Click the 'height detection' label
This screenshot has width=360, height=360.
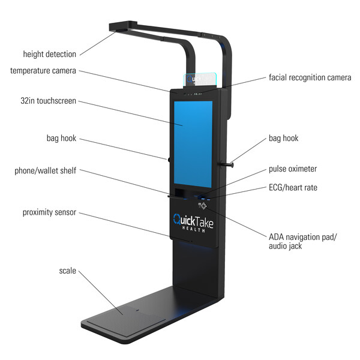[50, 54]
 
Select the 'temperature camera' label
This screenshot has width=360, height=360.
[43, 70]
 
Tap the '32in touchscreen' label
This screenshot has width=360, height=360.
[48, 101]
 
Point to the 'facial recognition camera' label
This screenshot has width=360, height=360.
[310, 77]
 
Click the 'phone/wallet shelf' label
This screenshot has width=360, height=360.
[45, 170]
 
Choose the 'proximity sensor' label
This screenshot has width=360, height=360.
[49, 212]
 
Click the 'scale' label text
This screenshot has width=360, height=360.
[67, 271]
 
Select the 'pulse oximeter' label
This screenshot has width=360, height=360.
[293, 169]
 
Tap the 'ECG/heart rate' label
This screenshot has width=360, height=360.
[293, 188]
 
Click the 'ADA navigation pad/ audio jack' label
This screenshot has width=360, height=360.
[302, 241]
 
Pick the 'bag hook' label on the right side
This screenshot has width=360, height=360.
[284, 138]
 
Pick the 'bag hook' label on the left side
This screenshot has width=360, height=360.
[61, 138]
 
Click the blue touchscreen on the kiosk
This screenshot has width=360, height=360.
[193, 144]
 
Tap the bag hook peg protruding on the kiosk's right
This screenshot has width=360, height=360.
[227, 164]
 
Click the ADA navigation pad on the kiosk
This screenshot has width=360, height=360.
[202, 205]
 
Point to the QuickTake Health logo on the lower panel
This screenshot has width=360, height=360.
[193, 223]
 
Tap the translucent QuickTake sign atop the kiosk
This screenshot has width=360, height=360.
[200, 79]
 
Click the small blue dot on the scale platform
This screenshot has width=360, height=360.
[137, 310]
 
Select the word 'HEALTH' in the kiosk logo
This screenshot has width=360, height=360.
[194, 229]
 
